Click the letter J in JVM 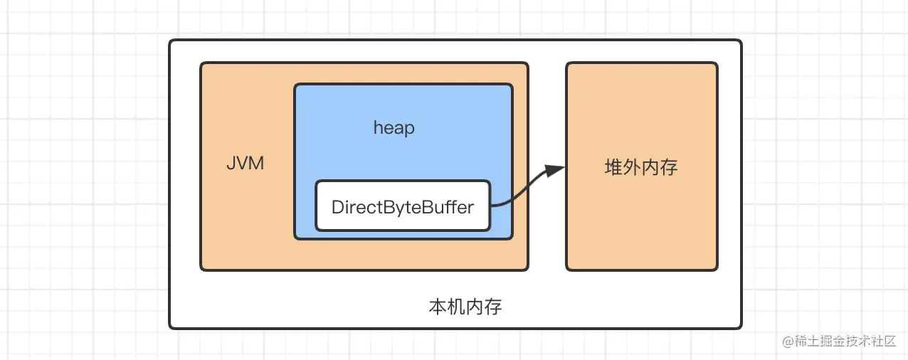coord(231,164)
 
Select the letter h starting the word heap coord(378,128)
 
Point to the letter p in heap coord(410,129)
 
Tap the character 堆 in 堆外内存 coord(613,168)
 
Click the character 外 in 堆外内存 coord(632,168)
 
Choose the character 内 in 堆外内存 coord(650,168)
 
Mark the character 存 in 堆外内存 coord(669,168)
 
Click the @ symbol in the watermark coord(788,341)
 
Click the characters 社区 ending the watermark coord(883,341)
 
